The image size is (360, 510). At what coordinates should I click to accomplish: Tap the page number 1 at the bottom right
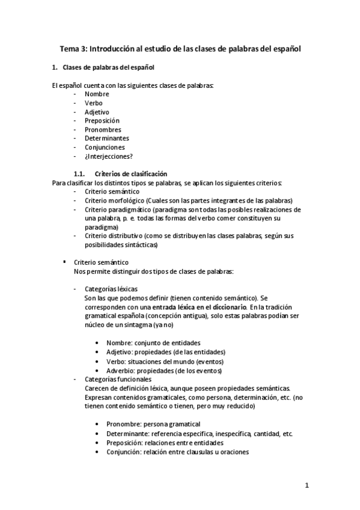point(306,486)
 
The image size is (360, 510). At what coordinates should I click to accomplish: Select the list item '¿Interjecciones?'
point(109,156)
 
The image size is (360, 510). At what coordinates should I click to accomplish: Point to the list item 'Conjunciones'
point(105,147)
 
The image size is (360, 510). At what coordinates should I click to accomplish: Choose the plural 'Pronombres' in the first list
point(103,129)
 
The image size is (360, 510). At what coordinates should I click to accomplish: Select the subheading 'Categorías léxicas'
point(111,289)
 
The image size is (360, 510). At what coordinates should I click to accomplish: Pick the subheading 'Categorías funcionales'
point(118,379)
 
